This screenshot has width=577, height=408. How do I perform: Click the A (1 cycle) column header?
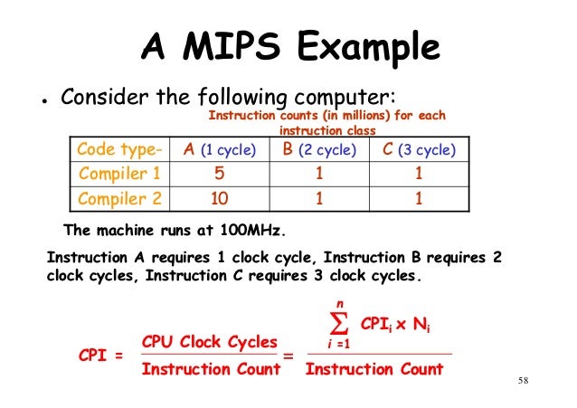coord(219,149)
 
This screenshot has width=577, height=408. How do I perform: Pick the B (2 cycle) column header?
coord(319,149)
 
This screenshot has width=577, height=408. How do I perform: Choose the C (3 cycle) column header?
coord(419,149)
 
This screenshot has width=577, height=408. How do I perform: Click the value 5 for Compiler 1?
coord(219,173)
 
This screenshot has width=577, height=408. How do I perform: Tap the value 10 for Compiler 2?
coord(219,197)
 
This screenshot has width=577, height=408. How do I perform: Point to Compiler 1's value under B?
coord(319,173)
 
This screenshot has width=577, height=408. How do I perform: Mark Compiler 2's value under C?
coord(419,197)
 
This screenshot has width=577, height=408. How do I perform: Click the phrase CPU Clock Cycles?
coord(210,342)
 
